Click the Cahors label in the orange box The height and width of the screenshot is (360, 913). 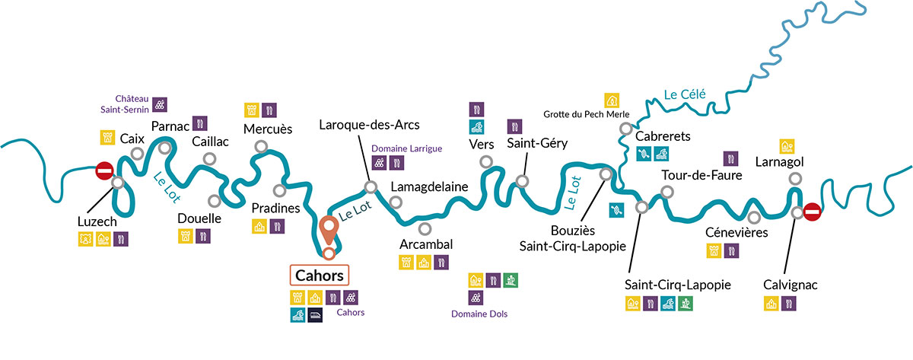[320, 275]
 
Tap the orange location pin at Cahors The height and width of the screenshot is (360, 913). [329, 229]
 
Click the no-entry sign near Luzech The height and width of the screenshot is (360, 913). [104, 170]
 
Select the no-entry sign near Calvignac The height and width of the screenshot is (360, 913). [812, 211]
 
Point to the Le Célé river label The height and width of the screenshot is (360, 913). [685, 95]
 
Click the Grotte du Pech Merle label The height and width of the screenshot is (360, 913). [586, 114]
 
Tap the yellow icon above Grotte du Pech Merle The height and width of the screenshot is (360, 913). [611, 100]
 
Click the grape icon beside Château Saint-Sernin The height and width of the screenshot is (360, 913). [161, 104]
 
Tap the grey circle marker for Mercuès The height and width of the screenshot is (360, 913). [261, 146]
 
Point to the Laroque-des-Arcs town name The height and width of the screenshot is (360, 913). [369, 124]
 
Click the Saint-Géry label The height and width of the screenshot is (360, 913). [536, 143]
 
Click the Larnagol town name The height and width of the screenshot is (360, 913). [779, 162]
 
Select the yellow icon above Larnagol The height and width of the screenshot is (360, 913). [787, 145]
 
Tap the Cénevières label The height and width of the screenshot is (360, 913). [736, 232]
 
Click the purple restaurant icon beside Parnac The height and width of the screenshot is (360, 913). [199, 123]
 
